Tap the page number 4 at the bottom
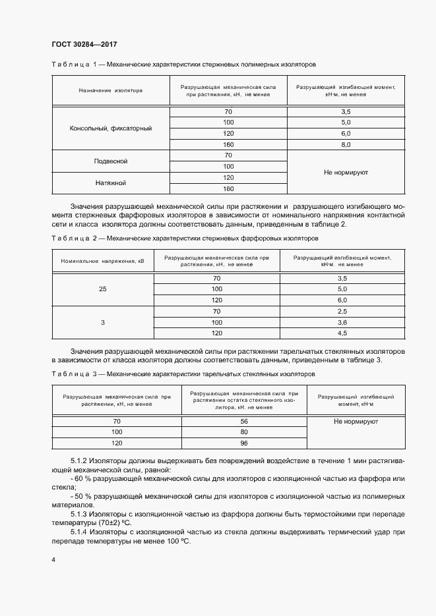53,560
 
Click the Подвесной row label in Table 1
111,161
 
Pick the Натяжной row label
111,183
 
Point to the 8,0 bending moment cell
346,144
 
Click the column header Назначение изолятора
111,90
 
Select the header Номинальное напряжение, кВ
102,262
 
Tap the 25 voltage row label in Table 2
102,289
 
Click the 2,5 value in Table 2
342,311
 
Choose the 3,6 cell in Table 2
342,322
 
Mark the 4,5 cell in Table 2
342,333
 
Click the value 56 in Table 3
243,421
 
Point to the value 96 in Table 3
243,443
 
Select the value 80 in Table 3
243,432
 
